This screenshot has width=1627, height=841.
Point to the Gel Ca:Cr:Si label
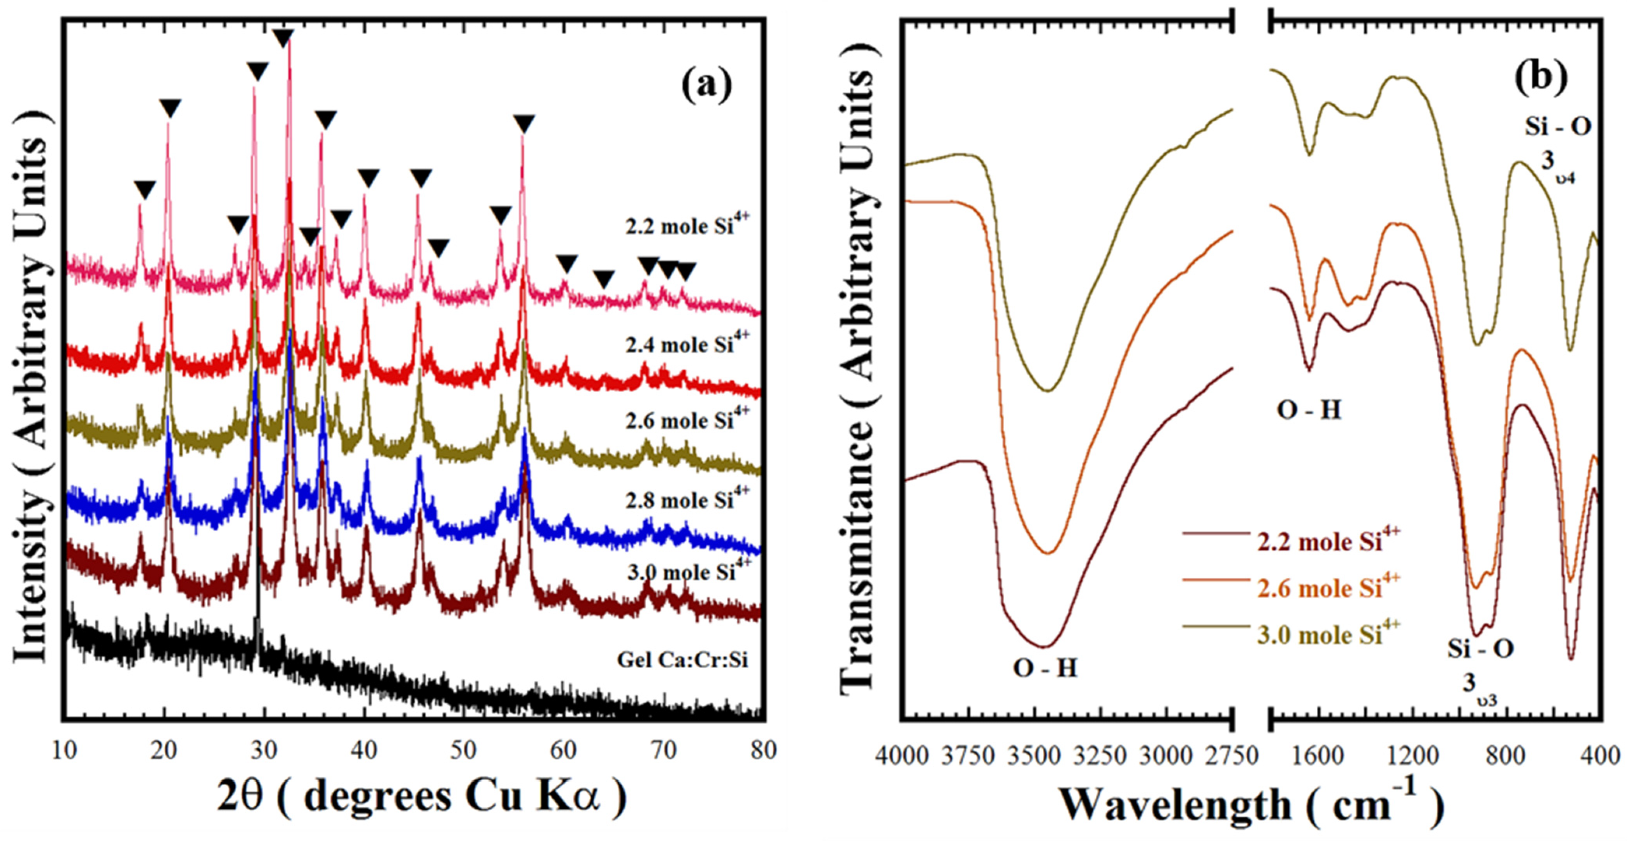[682, 660]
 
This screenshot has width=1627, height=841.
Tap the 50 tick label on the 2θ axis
[464, 751]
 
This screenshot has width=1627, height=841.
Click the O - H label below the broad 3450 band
[1045, 668]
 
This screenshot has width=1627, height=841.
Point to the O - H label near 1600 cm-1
[1309, 410]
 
